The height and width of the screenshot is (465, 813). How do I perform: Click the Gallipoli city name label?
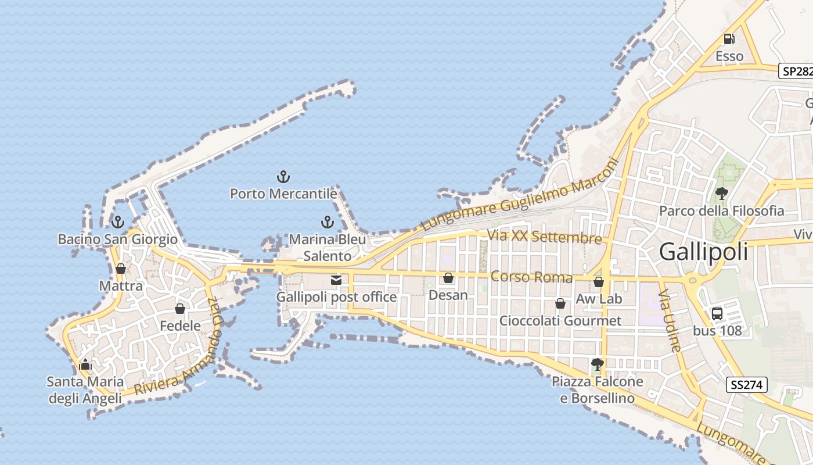[x=703, y=252]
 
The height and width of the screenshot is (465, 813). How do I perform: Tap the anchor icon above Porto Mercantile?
[x=283, y=177]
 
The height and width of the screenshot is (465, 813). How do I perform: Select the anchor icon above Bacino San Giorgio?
[x=118, y=222]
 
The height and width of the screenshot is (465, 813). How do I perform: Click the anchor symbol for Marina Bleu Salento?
[x=328, y=222]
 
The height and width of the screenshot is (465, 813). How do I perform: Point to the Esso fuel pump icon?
[x=729, y=40]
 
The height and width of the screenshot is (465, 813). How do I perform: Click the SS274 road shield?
[x=747, y=385]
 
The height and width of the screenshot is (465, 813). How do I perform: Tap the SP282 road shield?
[x=796, y=71]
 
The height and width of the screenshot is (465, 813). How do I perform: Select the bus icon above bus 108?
[x=717, y=314]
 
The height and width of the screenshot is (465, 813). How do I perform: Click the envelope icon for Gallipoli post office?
[x=336, y=280]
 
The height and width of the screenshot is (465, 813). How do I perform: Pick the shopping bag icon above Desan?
[x=448, y=278]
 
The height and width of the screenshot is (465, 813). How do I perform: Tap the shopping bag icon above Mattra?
[x=120, y=269]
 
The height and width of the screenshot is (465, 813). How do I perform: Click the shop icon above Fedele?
[x=180, y=309]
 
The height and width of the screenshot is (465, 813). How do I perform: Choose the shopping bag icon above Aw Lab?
[x=599, y=282]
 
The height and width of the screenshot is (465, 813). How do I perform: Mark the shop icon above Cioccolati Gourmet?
[x=560, y=303]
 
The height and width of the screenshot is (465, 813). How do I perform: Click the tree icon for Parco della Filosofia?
[x=721, y=194]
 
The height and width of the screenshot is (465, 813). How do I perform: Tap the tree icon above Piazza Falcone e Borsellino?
[x=597, y=364]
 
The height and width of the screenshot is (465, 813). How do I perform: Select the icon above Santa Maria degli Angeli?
[x=85, y=365]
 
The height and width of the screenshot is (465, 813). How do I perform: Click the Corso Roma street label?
[x=531, y=277]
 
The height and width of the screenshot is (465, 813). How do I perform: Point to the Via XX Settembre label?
[x=544, y=237]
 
